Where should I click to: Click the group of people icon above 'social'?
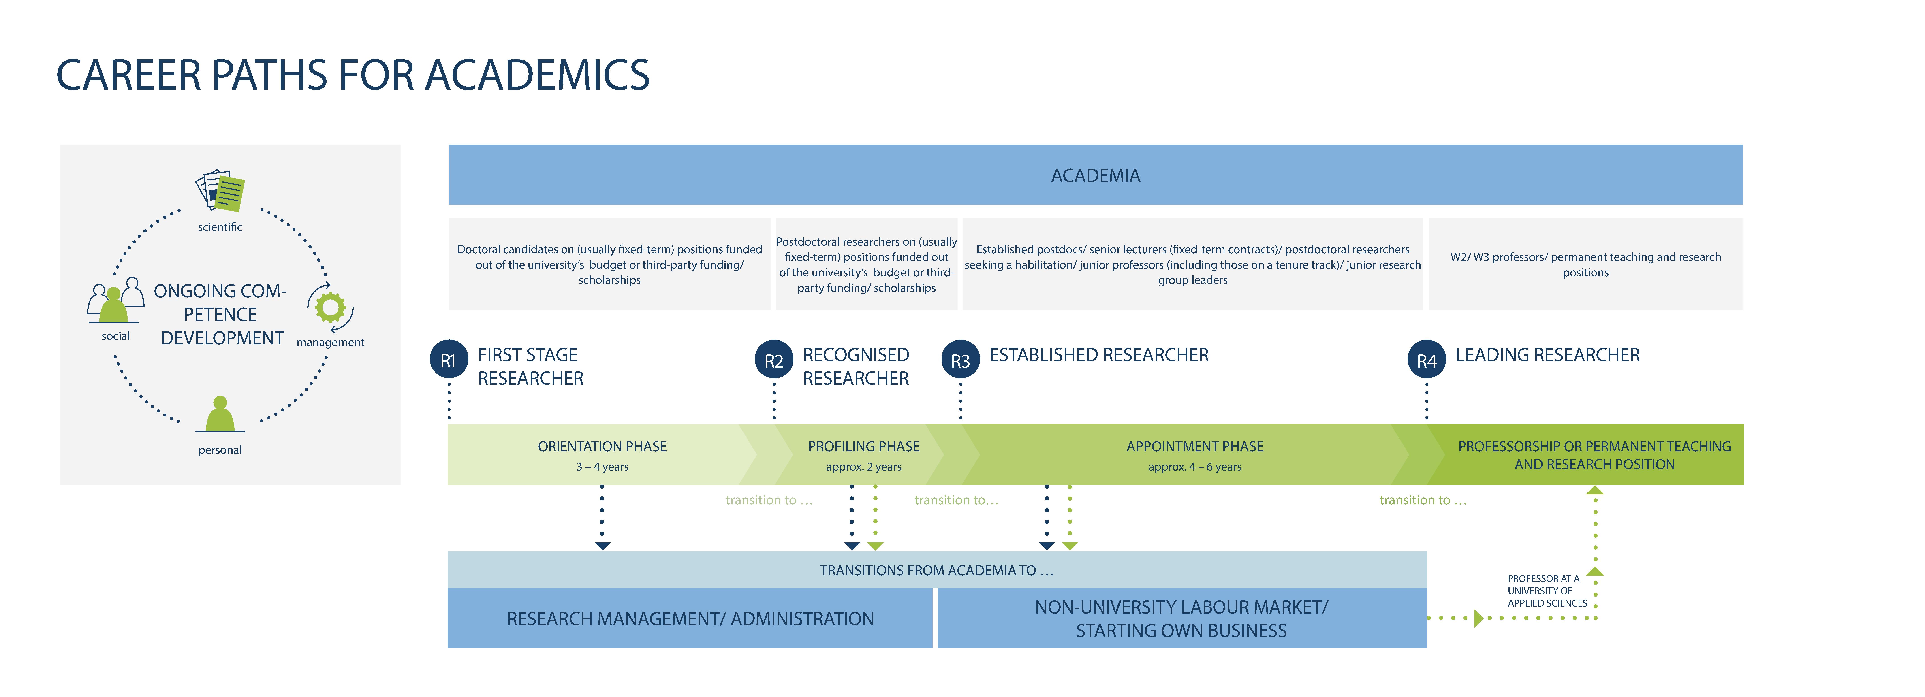coord(116,301)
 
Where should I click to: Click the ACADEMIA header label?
coord(1096,176)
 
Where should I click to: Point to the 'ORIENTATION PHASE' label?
coord(602,446)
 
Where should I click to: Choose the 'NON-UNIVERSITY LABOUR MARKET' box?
coord(1181,618)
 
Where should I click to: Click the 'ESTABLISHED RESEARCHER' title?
coord(1098,355)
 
